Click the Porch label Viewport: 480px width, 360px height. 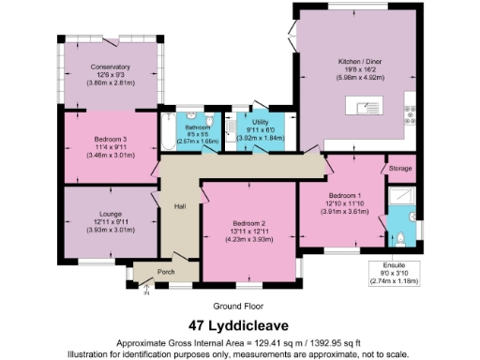(x=166, y=272)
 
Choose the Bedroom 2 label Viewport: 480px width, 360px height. (x=249, y=222)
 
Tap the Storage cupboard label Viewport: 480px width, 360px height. (x=400, y=169)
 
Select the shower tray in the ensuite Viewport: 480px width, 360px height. (x=401, y=196)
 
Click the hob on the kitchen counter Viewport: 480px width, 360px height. (x=410, y=113)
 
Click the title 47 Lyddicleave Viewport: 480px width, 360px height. (x=239, y=326)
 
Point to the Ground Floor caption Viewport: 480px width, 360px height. (x=239, y=306)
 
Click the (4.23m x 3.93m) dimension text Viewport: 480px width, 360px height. (x=249, y=238)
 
